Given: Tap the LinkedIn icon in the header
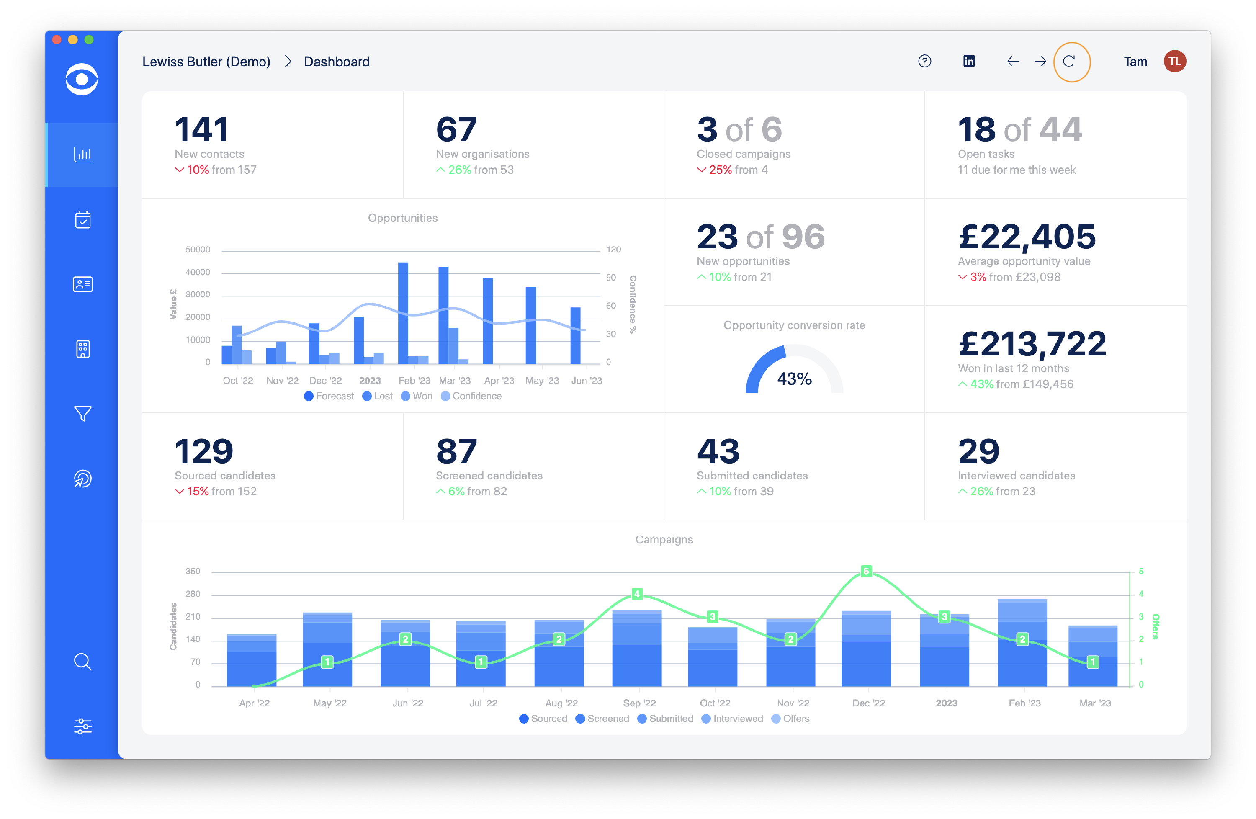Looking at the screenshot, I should (969, 62).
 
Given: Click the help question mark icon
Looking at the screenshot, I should (924, 62).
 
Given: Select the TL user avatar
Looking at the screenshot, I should (1175, 62).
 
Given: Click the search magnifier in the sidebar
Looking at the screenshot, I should (82, 661).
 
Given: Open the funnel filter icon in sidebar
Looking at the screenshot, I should (82, 413).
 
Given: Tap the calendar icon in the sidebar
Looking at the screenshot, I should (82, 219).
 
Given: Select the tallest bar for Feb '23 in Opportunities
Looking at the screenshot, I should (403, 312).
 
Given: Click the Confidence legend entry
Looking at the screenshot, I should (471, 396).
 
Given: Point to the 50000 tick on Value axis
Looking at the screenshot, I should (198, 250).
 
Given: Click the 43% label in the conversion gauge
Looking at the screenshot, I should (794, 379).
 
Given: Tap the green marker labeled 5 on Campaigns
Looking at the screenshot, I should (866, 572).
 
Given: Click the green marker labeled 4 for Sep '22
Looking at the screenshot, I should (637, 594).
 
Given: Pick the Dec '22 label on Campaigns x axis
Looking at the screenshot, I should (869, 703).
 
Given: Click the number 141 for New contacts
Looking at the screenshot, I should (202, 130).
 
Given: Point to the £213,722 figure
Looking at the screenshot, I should (1032, 344).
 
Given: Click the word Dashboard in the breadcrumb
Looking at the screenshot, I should (337, 62).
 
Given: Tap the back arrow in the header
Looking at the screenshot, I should (1012, 62).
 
